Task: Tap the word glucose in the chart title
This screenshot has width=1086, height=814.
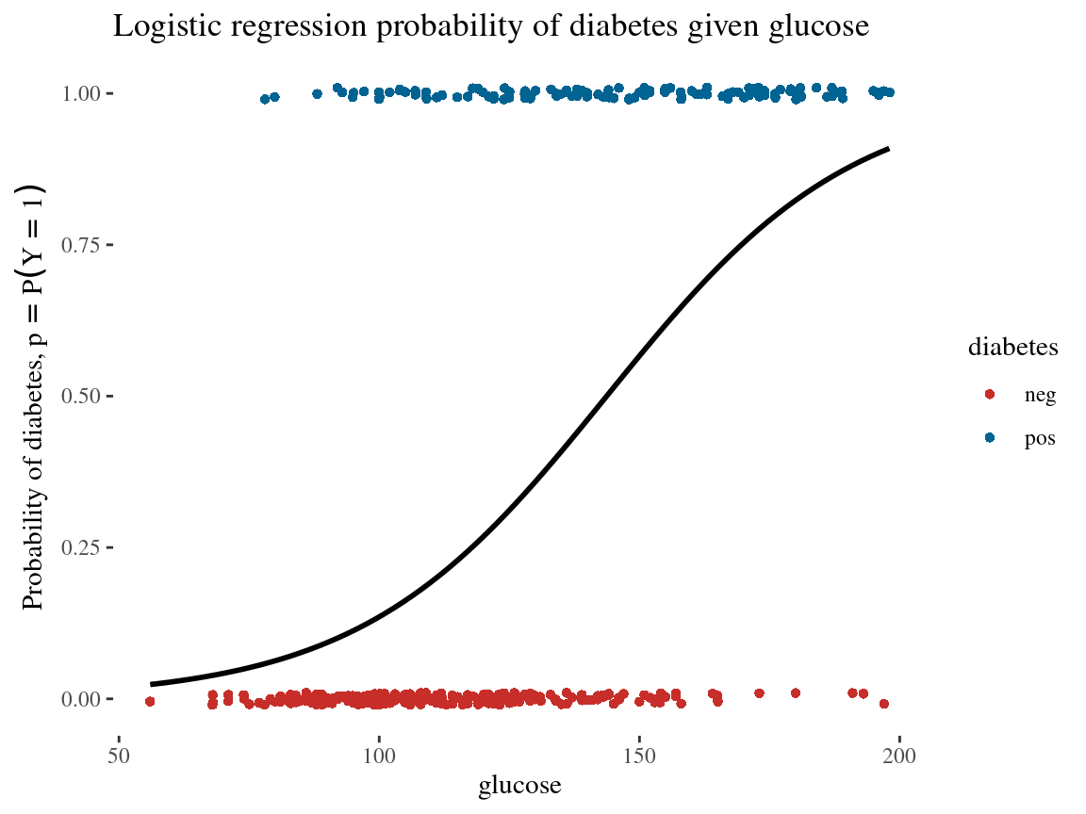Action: (814, 27)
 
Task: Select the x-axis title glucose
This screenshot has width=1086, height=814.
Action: (520, 786)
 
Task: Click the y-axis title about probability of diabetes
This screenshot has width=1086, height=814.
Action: (34, 396)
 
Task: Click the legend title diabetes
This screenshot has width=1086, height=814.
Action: (1012, 348)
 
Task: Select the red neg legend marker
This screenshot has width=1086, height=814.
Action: (989, 395)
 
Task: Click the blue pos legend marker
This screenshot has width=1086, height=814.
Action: (989, 438)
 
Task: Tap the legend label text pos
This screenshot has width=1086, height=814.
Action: (1039, 439)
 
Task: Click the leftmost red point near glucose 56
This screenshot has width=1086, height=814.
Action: (150, 701)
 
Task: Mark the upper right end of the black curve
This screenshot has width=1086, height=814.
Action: (888, 149)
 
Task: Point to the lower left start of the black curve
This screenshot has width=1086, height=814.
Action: (151, 684)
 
